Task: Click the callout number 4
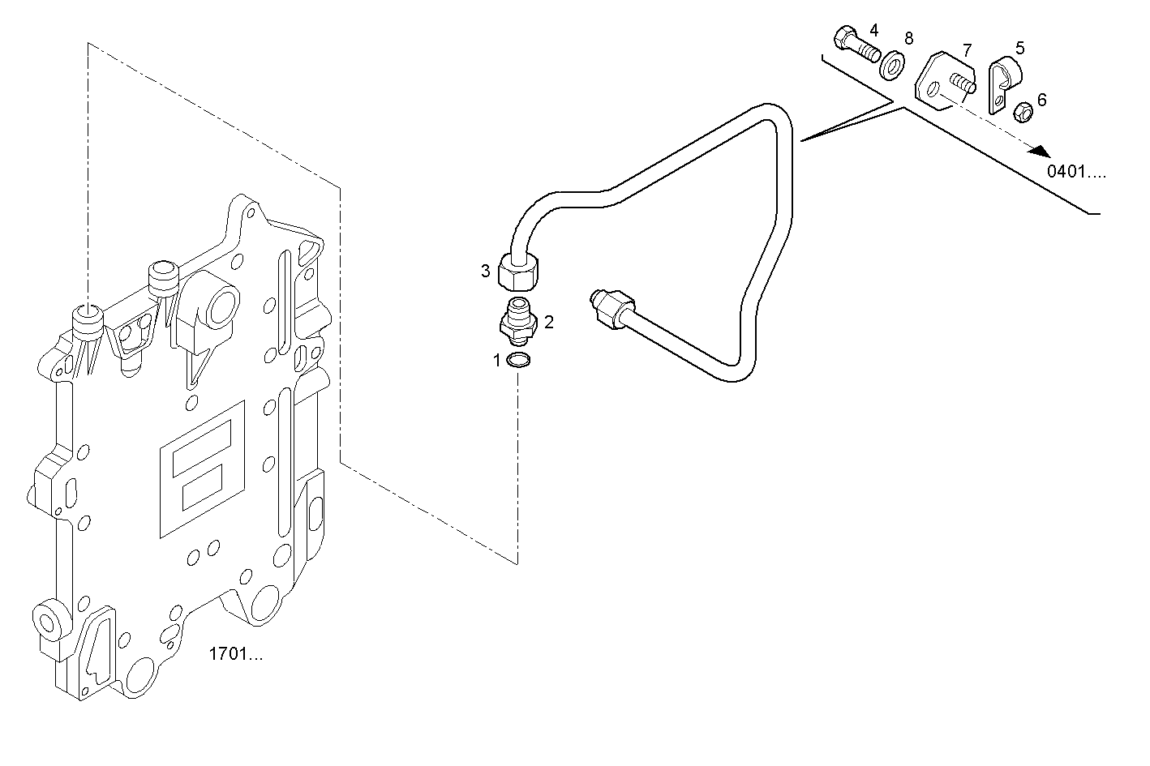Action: click(873, 30)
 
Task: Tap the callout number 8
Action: click(908, 37)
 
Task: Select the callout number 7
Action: click(967, 50)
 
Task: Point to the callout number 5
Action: click(1019, 48)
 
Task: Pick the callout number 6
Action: click(1041, 99)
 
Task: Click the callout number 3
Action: click(485, 271)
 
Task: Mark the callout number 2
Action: click(549, 322)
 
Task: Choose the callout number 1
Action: click(497, 361)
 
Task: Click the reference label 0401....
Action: click(1075, 171)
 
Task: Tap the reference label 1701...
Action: click(236, 654)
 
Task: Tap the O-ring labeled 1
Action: click(518, 361)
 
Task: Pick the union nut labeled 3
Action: click(518, 272)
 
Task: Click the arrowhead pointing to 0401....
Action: click(1042, 152)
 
